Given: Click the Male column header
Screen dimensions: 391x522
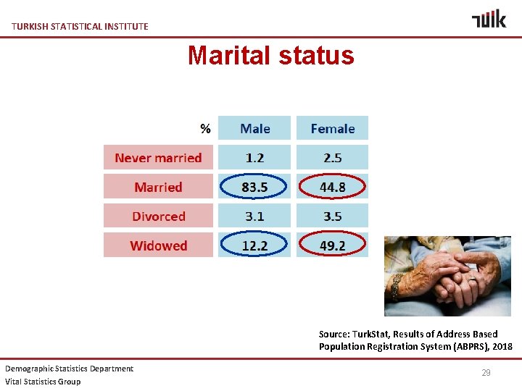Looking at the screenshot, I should pyautogui.click(x=254, y=128).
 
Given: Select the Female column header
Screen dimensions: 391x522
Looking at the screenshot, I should pyautogui.click(x=332, y=128).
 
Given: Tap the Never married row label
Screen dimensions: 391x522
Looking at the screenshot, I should pyautogui.click(x=158, y=158).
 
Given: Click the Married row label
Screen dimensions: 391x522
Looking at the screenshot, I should pyautogui.click(x=158, y=187).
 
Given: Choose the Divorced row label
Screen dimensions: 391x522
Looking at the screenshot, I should pyautogui.click(x=158, y=216).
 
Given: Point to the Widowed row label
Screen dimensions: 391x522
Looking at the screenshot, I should pyautogui.click(x=158, y=245).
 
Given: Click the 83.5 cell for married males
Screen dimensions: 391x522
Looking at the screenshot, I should pyautogui.click(x=254, y=187).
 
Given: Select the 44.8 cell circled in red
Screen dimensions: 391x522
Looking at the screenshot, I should pyautogui.click(x=332, y=187).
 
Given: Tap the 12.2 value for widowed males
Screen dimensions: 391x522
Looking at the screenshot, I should pyautogui.click(x=254, y=245).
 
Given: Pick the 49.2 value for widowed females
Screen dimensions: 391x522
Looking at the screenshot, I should pyautogui.click(x=332, y=245).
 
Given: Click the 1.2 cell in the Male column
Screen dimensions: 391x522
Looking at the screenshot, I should pyautogui.click(x=254, y=158).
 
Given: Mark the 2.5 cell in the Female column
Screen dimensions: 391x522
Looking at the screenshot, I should pyautogui.click(x=332, y=158).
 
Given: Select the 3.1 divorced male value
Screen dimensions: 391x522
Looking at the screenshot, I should pyautogui.click(x=254, y=216).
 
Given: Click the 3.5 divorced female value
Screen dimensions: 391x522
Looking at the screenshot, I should pyautogui.click(x=332, y=216).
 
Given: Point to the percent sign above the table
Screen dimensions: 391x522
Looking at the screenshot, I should pyautogui.click(x=205, y=129).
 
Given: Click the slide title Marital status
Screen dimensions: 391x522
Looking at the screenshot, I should pyautogui.click(x=270, y=56).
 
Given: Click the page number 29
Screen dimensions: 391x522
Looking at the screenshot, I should pyautogui.click(x=486, y=373).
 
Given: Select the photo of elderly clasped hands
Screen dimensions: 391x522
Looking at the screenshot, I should pyautogui.click(x=447, y=276).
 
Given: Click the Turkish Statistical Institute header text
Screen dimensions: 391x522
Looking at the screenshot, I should pyautogui.click(x=80, y=26).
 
